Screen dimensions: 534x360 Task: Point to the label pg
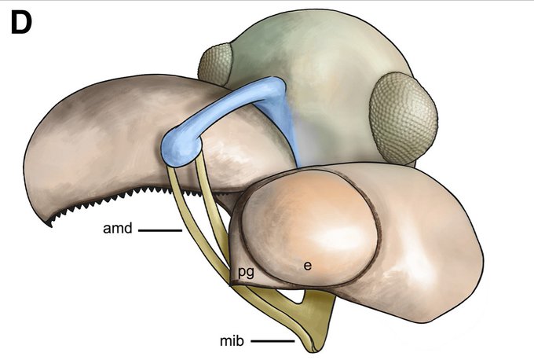247,272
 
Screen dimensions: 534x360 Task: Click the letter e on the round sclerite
308,266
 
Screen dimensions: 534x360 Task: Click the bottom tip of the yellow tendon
307,347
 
